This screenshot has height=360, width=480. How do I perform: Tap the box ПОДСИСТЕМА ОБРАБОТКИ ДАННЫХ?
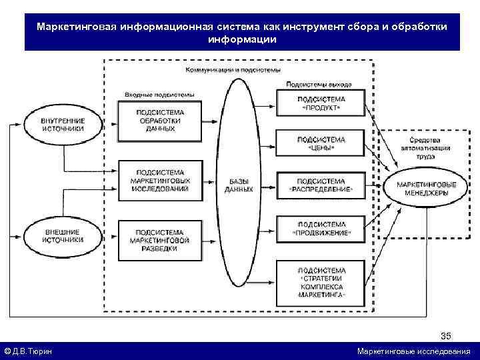point(160,120)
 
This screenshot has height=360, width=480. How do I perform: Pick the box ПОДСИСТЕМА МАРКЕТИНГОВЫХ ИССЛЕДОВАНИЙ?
point(160,180)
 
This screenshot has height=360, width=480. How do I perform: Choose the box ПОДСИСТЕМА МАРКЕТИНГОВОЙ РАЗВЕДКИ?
point(160,239)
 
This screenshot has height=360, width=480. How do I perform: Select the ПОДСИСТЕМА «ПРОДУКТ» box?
point(321,103)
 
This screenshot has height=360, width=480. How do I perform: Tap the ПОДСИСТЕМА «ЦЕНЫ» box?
point(321,143)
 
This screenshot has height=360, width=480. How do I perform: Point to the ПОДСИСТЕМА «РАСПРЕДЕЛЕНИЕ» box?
point(321,185)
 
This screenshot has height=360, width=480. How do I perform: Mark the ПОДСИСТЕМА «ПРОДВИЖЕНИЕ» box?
point(321,228)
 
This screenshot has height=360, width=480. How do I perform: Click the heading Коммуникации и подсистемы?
point(233,69)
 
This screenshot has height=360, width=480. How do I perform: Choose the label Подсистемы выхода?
point(319,85)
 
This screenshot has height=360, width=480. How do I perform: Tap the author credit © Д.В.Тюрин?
point(29,351)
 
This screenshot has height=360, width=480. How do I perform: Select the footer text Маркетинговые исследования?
point(413,351)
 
